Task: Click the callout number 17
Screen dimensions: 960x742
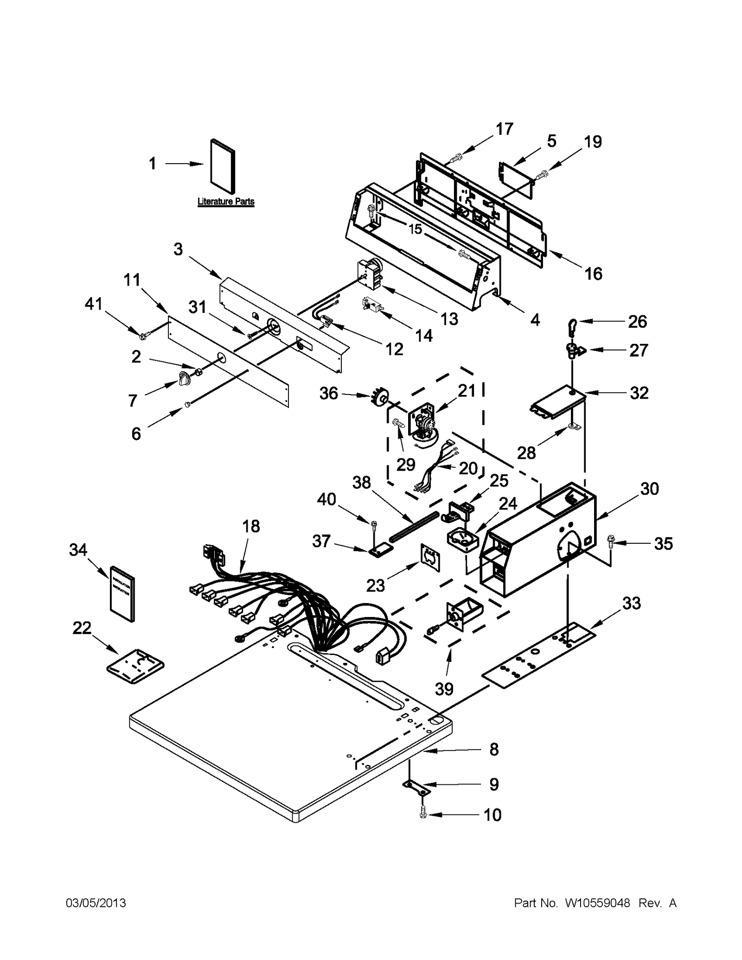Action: pos(504,128)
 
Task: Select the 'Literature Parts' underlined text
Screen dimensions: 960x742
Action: pos(226,202)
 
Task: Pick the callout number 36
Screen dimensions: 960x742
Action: pos(328,394)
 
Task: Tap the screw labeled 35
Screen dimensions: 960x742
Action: pos(610,541)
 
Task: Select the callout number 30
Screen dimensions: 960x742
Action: pos(649,489)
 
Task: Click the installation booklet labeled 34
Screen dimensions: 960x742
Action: pos(123,593)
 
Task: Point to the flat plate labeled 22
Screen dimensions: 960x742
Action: pos(135,667)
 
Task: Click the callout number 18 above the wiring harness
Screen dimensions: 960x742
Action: pos(251,526)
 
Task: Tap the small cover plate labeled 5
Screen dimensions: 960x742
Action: pos(516,175)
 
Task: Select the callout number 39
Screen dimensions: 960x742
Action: pos(444,689)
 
